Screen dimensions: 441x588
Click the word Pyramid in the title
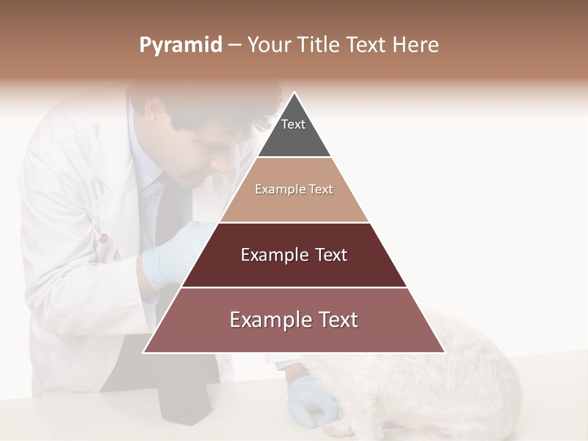click(x=180, y=45)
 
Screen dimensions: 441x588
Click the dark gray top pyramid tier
click(x=294, y=132)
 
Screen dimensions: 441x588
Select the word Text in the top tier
click(x=293, y=124)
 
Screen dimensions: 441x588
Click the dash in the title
click(x=235, y=45)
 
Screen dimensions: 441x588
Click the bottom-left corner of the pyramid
click(x=143, y=352)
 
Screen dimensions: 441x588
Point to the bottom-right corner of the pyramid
click(x=445, y=352)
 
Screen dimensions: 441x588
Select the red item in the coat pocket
click(x=105, y=238)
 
